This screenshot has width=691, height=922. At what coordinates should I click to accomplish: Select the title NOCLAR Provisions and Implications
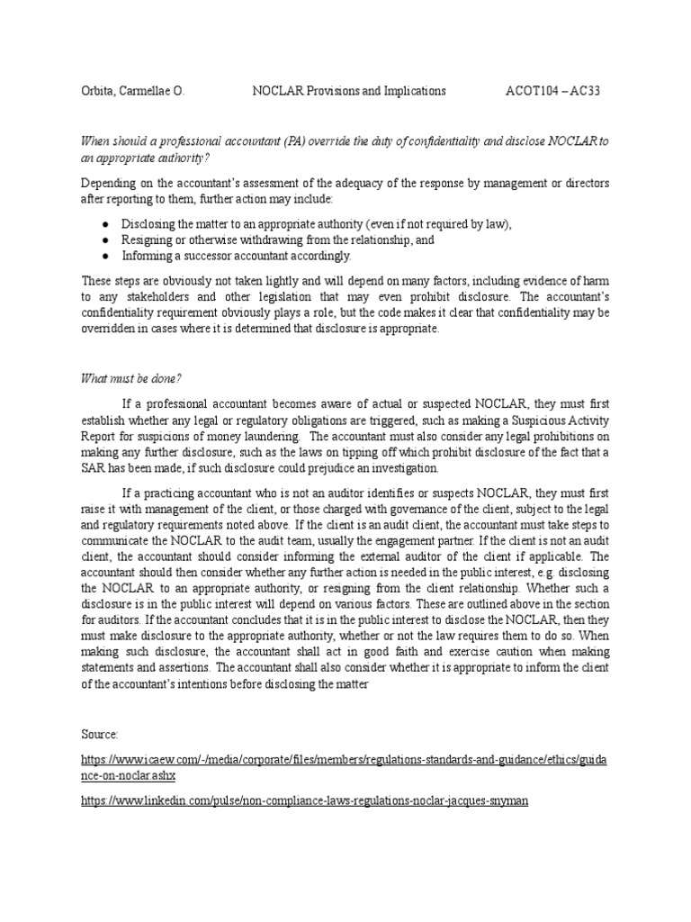(348, 91)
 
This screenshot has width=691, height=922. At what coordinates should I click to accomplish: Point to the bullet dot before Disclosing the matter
(105, 224)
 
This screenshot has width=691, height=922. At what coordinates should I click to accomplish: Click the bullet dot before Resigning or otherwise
(105, 240)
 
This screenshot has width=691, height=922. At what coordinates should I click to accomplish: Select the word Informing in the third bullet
(147, 256)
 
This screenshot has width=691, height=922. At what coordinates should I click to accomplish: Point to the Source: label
(100, 735)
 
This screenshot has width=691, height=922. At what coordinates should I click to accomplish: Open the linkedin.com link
(303, 800)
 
